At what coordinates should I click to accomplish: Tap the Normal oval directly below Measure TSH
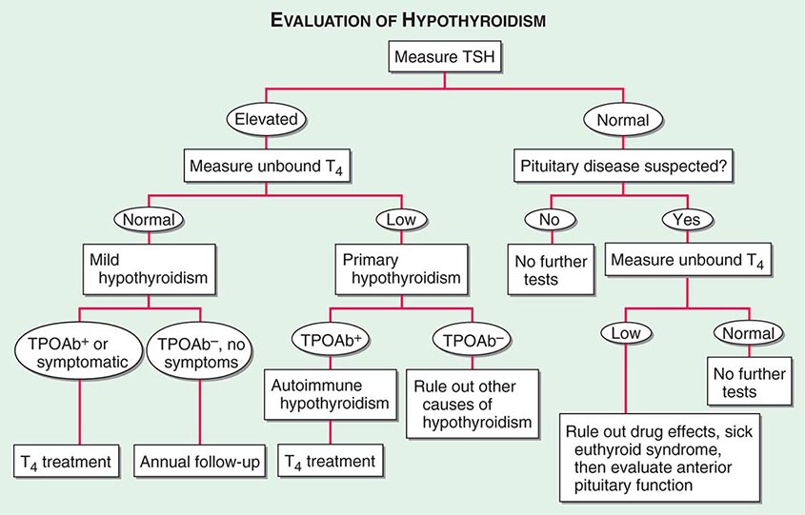622,119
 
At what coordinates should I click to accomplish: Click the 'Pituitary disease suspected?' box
622,166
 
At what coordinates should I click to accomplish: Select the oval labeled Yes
685,219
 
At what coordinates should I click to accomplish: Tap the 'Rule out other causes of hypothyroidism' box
466,404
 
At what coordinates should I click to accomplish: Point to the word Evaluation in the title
327,19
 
